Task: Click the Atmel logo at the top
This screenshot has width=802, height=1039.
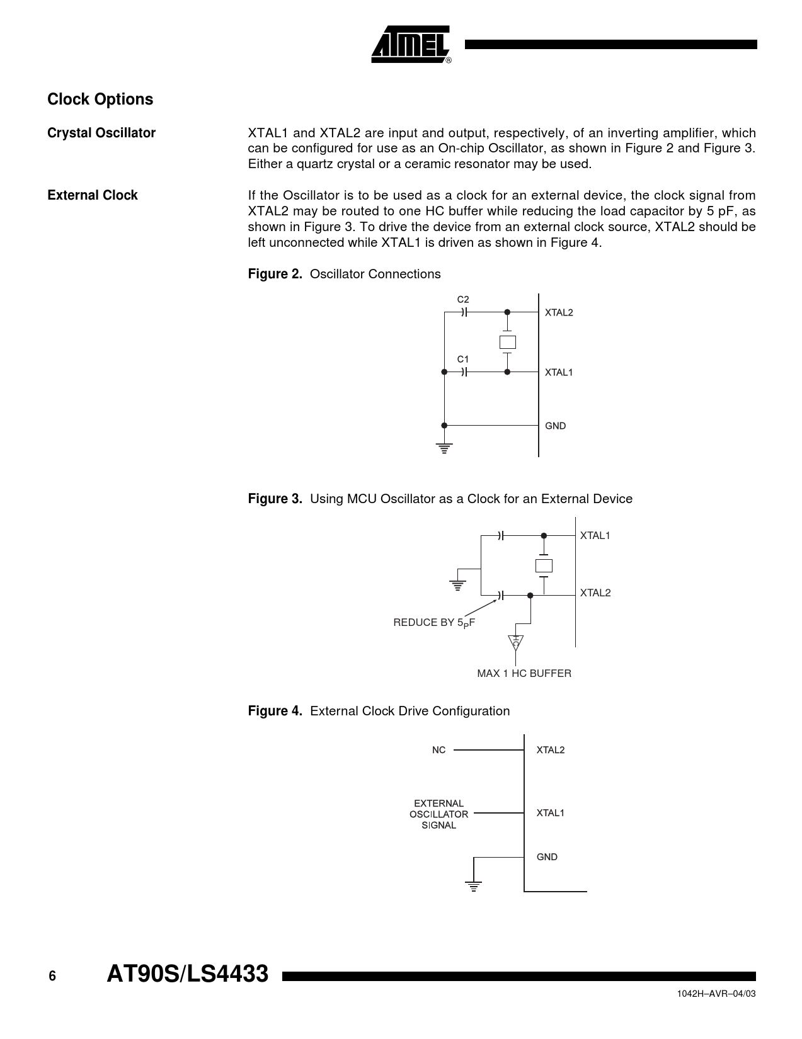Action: click(x=411, y=45)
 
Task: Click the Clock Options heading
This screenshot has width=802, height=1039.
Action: click(x=100, y=99)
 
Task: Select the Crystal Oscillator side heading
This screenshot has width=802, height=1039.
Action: click(x=101, y=133)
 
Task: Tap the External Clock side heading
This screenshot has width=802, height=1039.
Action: click(x=93, y=195)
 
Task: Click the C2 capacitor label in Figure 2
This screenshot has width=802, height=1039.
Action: click(x=463, y=299)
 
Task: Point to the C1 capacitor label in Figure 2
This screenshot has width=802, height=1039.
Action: click(x=463, y=359)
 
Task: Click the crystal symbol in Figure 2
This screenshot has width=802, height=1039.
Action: click(x=507, y=342)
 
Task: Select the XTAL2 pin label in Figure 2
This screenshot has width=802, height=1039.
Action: click(x=559, y=312)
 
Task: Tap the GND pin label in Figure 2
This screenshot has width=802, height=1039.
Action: click(x=556, y=426)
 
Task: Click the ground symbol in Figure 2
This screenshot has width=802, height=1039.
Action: click(x=444, y=448)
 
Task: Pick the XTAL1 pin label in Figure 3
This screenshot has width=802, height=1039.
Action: click(x=595, y=536)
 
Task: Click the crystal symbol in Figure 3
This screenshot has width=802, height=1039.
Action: click(x=544, y=565)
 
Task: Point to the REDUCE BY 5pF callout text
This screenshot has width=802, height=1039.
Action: click(x=434, y=623)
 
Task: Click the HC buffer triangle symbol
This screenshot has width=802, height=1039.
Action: click(x=516, y=643)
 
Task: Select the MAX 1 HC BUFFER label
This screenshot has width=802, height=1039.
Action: click(x=524, y=673)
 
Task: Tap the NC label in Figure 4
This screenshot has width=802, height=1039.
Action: click(x=438, y=750)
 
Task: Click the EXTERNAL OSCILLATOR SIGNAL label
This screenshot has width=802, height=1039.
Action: click(x=439, y=814)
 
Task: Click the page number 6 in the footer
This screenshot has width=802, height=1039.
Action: click(x=52, y=976)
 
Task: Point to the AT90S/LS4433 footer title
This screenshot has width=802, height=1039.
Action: click(x=188, y=974)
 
